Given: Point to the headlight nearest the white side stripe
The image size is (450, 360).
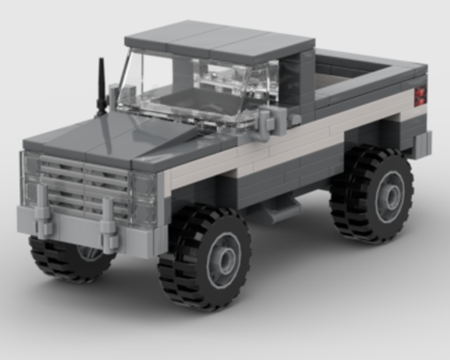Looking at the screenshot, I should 144,198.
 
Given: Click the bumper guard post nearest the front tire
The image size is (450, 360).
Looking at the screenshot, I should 108,225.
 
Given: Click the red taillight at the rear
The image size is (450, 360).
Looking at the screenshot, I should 419,96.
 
